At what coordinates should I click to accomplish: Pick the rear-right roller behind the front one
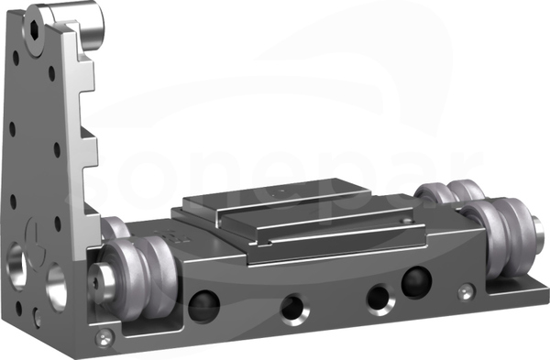click(x=450, y=192)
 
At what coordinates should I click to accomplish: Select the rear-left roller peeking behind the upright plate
click(x=115, y=228)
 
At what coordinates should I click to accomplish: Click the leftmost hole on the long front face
click(x=203, y=305)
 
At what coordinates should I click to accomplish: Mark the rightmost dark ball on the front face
click(x=417, y=282)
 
